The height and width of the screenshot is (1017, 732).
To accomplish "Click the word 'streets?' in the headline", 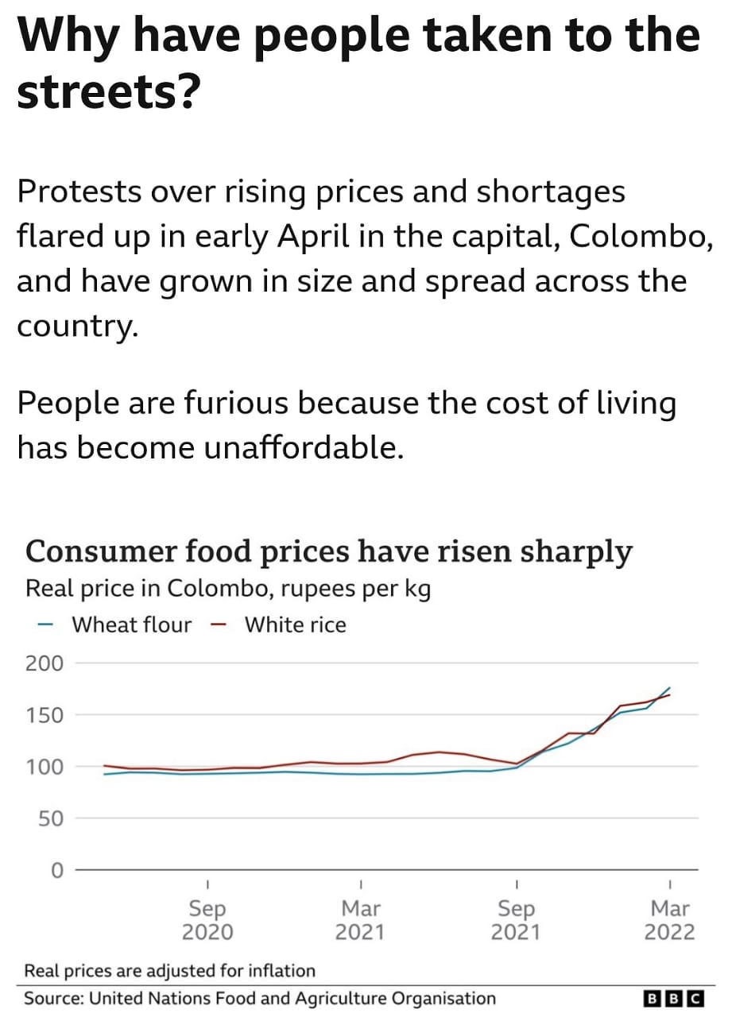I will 107,94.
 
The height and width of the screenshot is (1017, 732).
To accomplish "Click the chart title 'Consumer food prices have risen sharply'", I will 329,551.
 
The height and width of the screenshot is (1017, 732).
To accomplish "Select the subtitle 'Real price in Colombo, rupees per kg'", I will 228,590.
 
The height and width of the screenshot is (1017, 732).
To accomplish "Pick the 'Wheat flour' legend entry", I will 131,625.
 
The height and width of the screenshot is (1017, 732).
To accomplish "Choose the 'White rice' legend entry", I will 295,625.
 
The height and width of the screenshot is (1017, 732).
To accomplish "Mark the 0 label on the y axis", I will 56,870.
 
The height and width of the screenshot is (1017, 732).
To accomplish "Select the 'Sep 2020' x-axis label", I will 207,919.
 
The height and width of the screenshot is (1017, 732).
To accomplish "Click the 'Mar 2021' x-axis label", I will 361,919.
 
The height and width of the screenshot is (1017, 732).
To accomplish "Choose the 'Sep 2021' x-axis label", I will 517,919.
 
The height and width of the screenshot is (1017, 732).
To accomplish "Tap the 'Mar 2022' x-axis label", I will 671,919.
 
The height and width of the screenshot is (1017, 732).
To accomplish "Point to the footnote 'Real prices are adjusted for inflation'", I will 169,970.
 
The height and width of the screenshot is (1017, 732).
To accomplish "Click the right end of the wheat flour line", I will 670,688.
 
